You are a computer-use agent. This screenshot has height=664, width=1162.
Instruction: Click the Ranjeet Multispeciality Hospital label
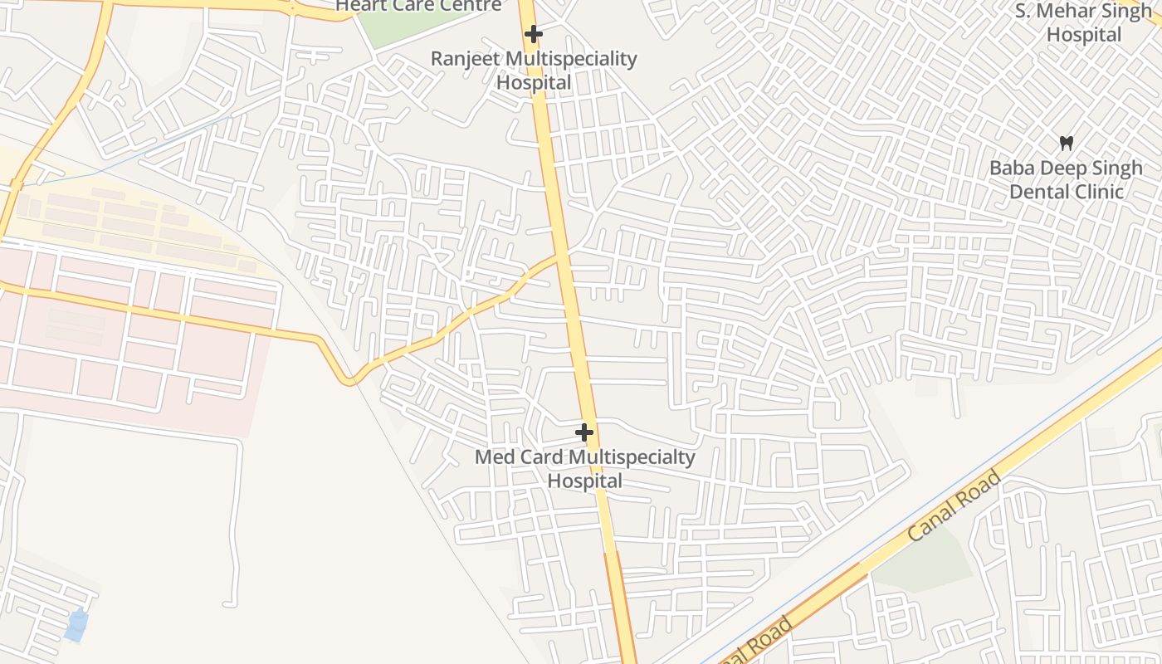pos(533,71)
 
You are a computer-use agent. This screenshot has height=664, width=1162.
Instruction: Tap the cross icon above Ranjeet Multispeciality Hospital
pos(534,34)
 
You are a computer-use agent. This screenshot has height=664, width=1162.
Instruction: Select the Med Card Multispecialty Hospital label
pos(584,469)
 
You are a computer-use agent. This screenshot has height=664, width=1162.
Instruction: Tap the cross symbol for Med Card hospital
pos(584,432)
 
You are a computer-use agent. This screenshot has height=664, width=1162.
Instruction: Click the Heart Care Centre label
pos(418,7)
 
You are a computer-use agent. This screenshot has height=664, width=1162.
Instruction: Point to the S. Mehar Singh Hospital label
pos(1084,22)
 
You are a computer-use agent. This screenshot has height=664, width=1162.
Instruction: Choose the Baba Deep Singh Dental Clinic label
pos(1066,179)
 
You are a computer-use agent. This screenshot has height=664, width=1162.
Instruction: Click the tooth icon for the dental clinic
pos(1067,143)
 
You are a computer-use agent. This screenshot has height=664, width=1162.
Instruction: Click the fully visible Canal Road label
pos(954,505)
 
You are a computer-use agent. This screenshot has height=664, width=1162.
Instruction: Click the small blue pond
pos(76,625)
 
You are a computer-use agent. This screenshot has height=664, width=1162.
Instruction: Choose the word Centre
pos(470,7)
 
